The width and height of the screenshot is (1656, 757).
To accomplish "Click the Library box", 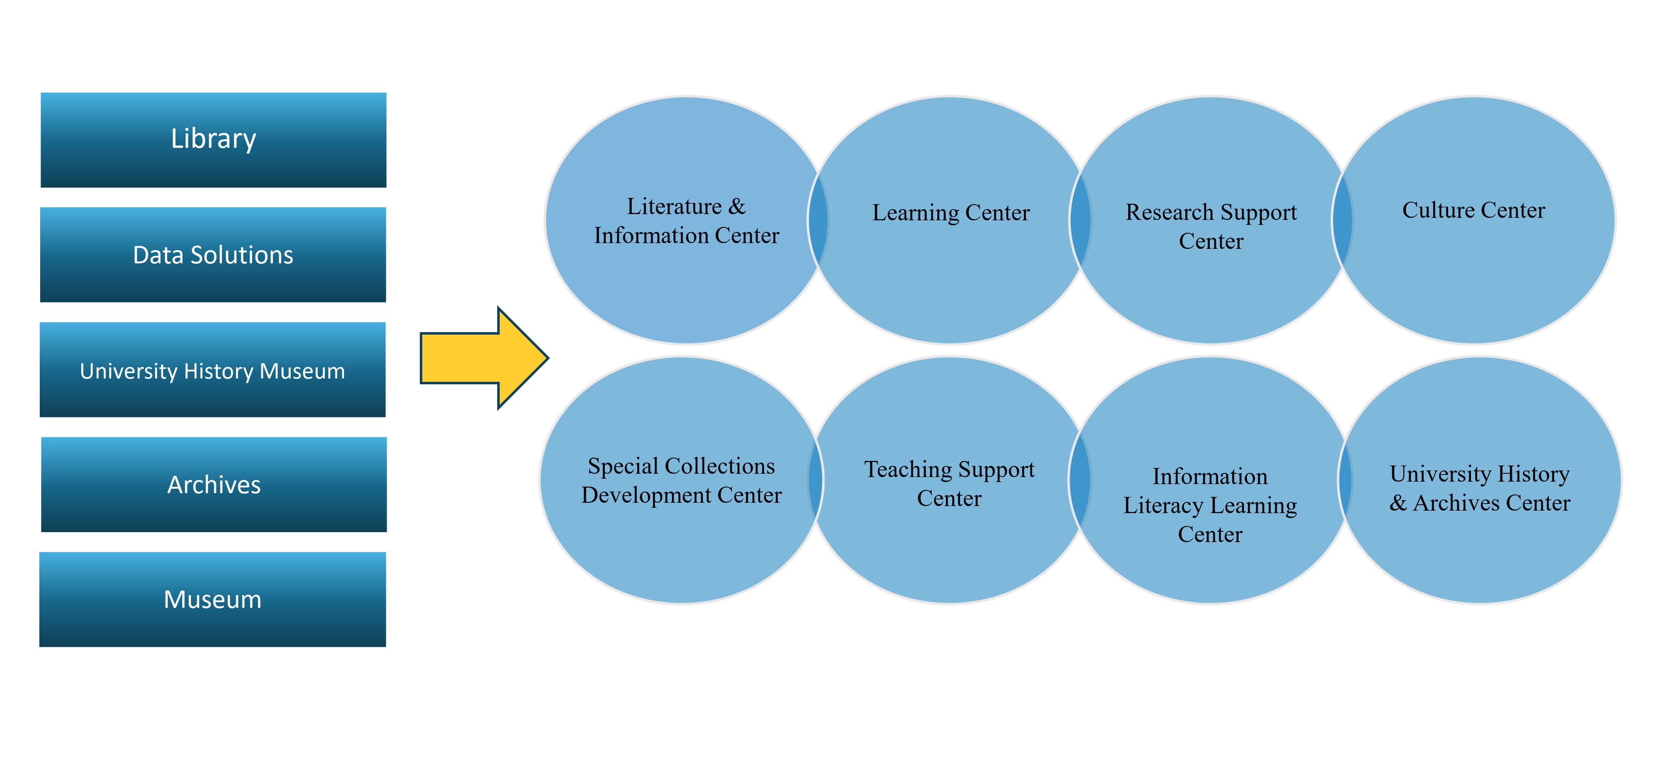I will (x=214, y=140).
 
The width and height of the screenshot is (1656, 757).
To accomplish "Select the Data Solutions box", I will (x=213, y=255).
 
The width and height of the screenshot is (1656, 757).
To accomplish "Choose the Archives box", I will (x=214, y=484).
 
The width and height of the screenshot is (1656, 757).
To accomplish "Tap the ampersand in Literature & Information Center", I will (x=737, y=207).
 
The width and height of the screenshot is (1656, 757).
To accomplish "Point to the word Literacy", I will (x=1163, y=506).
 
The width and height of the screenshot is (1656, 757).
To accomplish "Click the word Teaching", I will (x=908, y=470).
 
